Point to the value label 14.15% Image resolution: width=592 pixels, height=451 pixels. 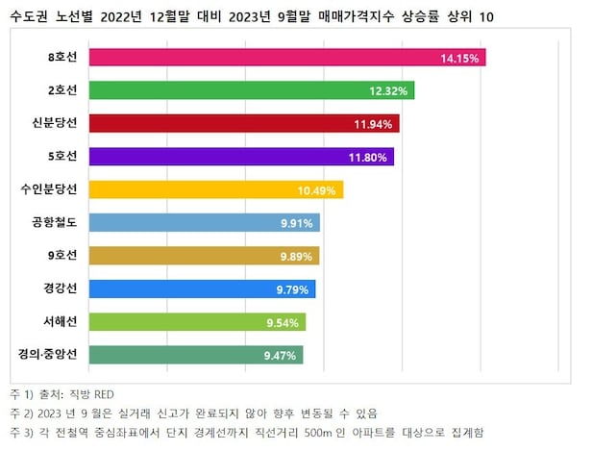[459, 58]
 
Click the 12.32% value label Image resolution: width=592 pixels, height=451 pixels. [389, 90]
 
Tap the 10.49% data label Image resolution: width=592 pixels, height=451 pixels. [317, 189]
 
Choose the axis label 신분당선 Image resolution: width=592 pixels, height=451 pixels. [56, 124]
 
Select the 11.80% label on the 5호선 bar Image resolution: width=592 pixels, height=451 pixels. [367, 157]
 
